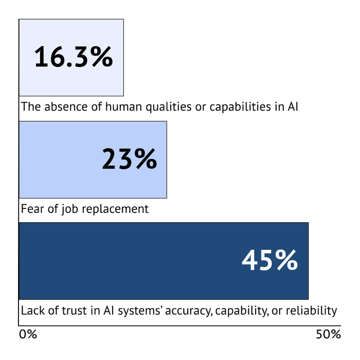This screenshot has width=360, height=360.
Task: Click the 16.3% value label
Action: point(73,57)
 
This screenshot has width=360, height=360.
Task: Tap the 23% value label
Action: point(129,159)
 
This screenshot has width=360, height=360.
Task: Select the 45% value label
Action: point(269,261)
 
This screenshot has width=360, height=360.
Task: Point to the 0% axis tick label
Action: point(28,334)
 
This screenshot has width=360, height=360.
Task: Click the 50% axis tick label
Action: point(328,334)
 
